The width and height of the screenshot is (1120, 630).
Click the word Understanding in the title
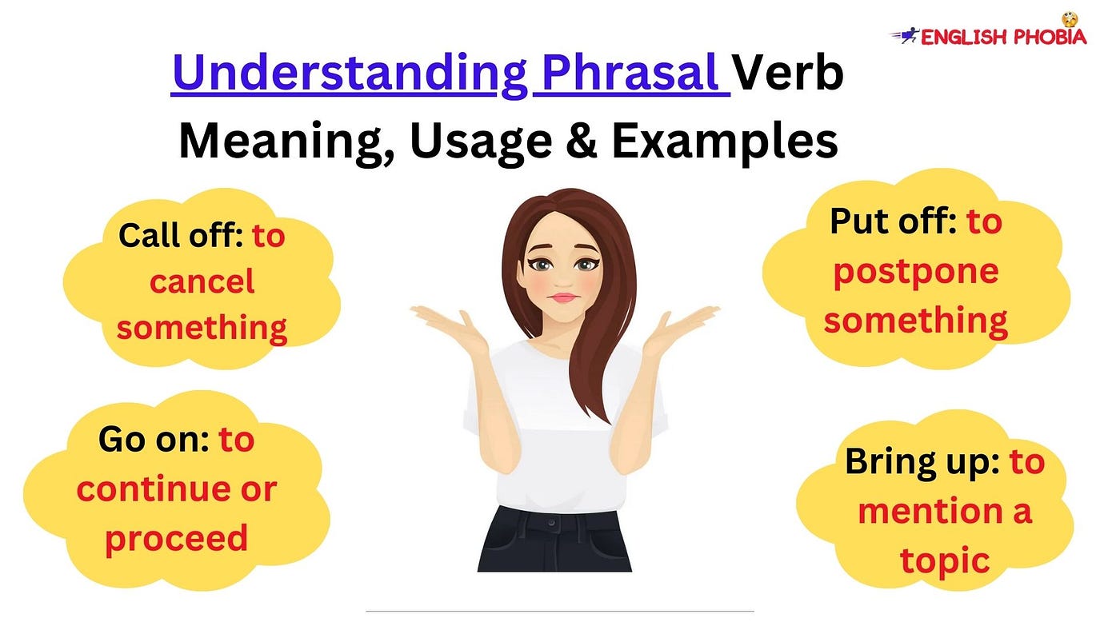[350, 74]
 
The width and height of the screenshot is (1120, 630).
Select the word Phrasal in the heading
[631, 73]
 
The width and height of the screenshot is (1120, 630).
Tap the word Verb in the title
[788, 73]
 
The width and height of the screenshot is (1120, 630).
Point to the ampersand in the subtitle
[582, 140]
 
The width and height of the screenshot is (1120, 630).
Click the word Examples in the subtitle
[725, 142]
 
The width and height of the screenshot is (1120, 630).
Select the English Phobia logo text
[1003, 37]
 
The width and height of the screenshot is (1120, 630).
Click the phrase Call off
[181, 235]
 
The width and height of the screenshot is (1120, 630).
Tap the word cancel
[202, 281]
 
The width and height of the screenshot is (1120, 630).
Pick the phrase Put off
[893, 221]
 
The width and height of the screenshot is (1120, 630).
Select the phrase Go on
[154, 440]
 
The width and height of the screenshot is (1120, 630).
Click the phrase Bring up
[922, 463]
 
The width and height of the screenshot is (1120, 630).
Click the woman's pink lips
[563, 297]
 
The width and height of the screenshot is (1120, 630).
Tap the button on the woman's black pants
[550, 524]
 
